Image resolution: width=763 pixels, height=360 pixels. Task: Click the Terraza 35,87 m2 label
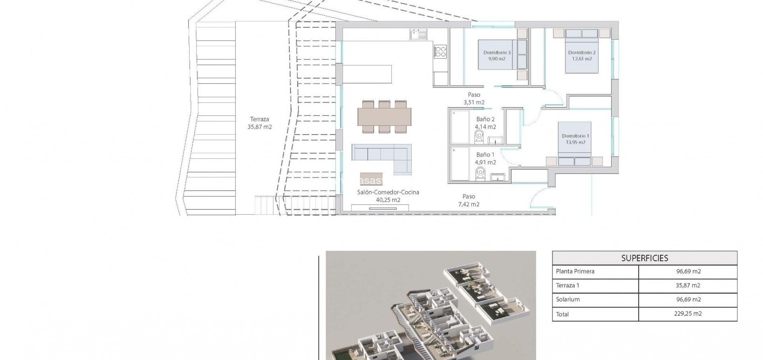(x=259, y=123)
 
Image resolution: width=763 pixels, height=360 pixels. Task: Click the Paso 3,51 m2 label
(x=474, y=99)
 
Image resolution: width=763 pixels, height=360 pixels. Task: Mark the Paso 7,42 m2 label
(x=469, y=200)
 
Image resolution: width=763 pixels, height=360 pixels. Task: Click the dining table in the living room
(x=384, y=117)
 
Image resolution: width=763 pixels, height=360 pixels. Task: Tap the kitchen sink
(x=418, y=34)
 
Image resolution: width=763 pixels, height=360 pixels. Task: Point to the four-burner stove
(x=440, y=52)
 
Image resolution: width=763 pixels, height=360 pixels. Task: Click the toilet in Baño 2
(x=479, y=136)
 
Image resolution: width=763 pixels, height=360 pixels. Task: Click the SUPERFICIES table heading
(x=645, y=258)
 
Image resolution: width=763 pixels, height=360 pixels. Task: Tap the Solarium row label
(x=567, y=299)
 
